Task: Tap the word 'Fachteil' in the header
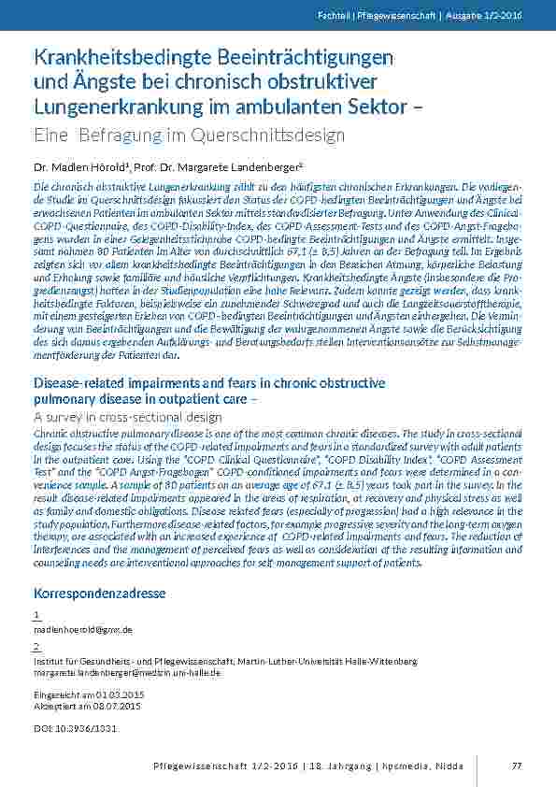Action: [x=360, y=16]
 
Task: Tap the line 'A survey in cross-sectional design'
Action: [x=127, y=417]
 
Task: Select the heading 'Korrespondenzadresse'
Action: [x=99, y=594]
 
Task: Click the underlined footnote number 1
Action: [x=36, y=615]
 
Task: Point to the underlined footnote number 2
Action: [x=36, y=647]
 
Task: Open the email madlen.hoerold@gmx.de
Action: [x=82, y=631]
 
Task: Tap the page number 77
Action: [x=516, y=766]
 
